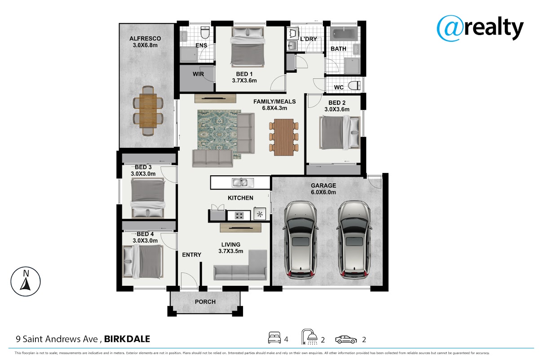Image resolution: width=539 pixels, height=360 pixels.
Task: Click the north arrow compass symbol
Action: [26, 281]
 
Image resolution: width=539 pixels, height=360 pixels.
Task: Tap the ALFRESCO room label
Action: [145, 39]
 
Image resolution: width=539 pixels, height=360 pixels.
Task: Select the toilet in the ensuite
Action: [205, 32]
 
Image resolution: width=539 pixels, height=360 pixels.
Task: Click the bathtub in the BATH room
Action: [344, 34]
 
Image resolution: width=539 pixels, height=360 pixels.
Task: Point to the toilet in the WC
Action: [354, 86]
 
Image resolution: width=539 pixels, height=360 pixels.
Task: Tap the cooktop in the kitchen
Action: [239, 215]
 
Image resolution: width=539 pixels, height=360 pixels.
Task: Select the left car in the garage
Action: [300, 240]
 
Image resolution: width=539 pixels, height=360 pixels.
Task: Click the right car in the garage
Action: [354, 240]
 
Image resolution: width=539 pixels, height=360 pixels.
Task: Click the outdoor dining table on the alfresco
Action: [148, 111]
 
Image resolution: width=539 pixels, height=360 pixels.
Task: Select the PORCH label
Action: [205, 302]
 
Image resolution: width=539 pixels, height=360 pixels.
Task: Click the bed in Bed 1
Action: [247, 46]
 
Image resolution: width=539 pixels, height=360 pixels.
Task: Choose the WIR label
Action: [198, 74]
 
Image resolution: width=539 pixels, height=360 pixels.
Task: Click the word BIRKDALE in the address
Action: [127, 339]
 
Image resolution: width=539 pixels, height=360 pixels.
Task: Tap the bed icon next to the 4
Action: [274, 338]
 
